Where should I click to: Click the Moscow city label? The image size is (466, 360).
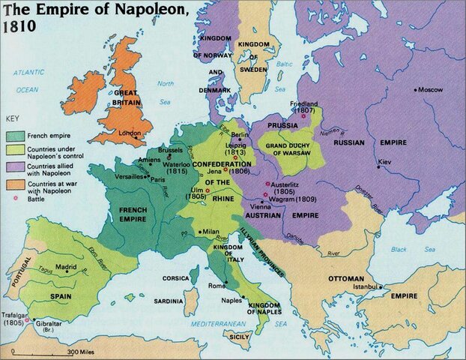pyautogui.click(x=432, y=89)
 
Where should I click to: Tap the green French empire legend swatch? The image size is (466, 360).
pyautogui.click(x=14, y=136)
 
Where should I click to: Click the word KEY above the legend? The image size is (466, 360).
pyautogui.click(x=12, y=119)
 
